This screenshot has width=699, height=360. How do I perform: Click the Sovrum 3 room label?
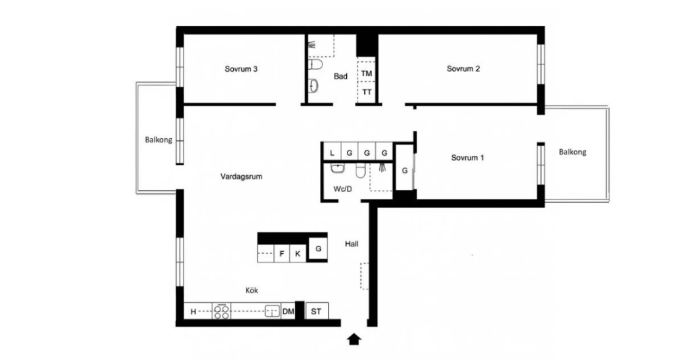pyautogui.click(x=241, y=69)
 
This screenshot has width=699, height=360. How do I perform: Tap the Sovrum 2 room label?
pyautogui.click(x=463, y=69)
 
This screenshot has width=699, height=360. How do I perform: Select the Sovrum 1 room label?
pyautogui.click(x=468, y=158)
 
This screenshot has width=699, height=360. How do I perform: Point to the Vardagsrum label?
pyautogui.click(x=241, y=177)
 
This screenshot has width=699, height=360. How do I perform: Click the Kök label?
pyautogui.click(x=252, y=291)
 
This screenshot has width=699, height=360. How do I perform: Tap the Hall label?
pyautogui.click(x=352, y=244)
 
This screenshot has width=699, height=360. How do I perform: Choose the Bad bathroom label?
pyautogui.click(x=341, y=77)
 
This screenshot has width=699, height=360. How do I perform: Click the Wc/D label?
pyautogui.click(x=343, y=189)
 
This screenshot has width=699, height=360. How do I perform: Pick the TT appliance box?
pyautogui.click(x=366, y=92)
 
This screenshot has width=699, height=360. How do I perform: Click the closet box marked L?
pyautogui.click(x=332, y=152)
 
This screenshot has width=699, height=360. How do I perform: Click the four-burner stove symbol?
pyautogui.click(x=222, y=311)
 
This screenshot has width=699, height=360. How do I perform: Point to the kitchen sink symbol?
pyautogui.click(x=272, y=311)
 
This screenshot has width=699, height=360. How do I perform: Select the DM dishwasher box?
pyautogui.click(x=288, y=311)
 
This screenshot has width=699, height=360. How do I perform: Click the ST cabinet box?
pyautogui.click(x=317, y=311)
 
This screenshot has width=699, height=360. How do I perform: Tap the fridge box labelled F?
pyautogui.click(x=282, y=253)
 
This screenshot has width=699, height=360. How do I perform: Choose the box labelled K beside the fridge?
pyautogui.click(x=298, y=253)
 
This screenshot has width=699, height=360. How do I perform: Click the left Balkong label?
pyautogui.click(x=158, y=140)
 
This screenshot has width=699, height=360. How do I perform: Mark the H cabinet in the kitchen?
pyautogui.click(x=194, y=312)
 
